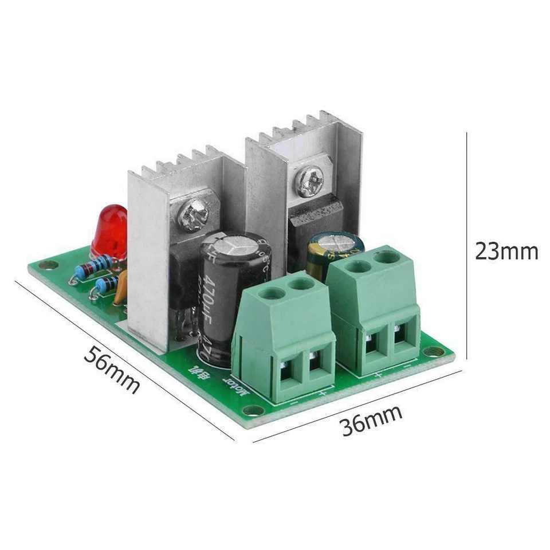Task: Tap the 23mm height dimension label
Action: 506,252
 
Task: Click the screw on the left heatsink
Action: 193,213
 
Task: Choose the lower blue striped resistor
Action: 108,284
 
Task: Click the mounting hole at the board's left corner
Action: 48,265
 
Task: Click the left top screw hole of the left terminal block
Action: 273,293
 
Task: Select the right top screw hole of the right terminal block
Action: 387,256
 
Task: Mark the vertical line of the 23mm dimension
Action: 467,252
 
